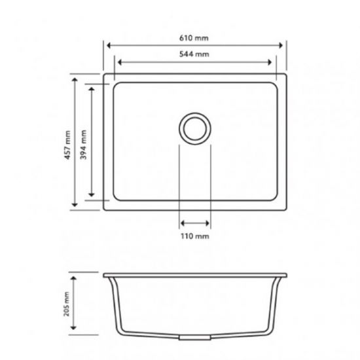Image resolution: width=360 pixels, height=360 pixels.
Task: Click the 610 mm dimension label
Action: (194, 38)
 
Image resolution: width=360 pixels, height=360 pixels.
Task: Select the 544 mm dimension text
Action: (194, 55)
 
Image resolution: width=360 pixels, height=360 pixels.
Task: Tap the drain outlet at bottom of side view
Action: (194, 338)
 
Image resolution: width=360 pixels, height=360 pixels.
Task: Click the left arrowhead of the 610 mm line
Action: (107, 46)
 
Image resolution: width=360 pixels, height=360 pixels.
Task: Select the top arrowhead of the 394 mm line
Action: (91, 87)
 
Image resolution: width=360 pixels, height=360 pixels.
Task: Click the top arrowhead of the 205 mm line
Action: (75, 275)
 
